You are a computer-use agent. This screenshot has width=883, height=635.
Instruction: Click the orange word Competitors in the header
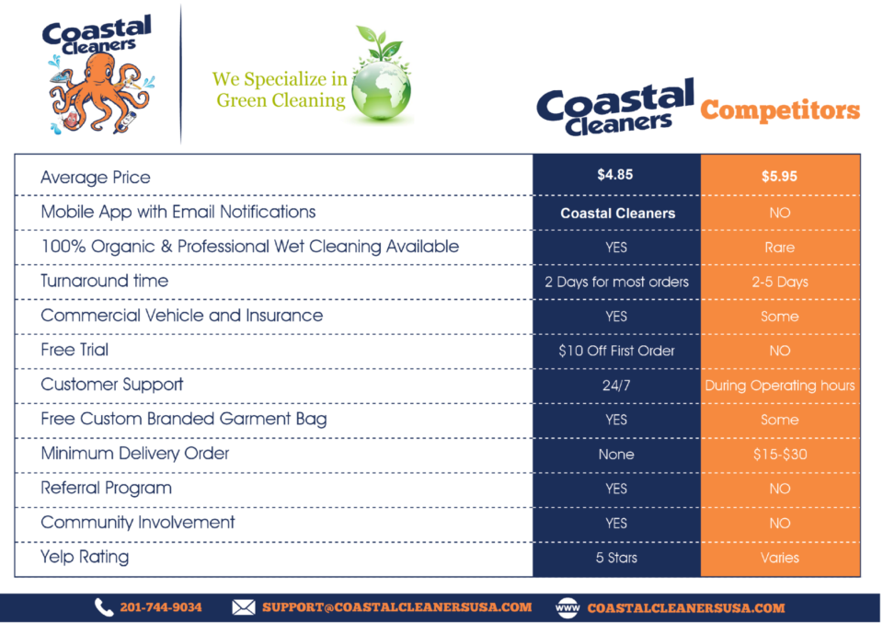click(780, 110)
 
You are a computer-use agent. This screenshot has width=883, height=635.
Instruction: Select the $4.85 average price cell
click(615, 175)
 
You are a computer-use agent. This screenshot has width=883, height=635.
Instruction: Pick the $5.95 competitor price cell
click(779, 177)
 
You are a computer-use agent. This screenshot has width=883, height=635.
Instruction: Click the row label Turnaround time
click(105, 281)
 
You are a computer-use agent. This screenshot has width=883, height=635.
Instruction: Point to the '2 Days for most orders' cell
click(616, 282)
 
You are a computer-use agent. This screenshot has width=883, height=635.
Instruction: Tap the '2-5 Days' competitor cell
click(780, 282)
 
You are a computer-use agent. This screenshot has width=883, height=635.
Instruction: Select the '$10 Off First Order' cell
click(616, 351)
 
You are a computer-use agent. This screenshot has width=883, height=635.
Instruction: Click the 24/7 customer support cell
click(616, 386)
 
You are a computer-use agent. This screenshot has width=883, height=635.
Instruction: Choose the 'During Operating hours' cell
click(780, 386)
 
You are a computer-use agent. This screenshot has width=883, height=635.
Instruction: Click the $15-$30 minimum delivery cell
click(780, 454)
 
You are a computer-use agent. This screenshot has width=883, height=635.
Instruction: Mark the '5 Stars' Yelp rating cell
click(616, 558)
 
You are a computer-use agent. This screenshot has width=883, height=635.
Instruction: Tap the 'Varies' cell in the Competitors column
click(780, 558)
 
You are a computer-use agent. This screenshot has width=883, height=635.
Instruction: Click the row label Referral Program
click(107, 488)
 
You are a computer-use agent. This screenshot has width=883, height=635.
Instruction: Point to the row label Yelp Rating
click(85, 557)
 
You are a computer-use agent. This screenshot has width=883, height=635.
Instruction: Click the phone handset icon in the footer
click(104, 607)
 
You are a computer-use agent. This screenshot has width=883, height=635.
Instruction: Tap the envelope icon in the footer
click(244, 607)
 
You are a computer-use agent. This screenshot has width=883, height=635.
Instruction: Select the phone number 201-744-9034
click(161, 607)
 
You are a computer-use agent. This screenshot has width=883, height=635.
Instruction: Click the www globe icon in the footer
click(568, 608)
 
